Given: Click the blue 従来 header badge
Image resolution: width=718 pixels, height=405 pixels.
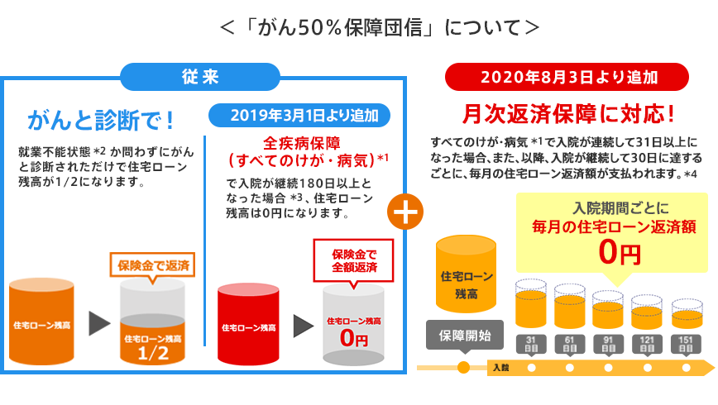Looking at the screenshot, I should [199, 78].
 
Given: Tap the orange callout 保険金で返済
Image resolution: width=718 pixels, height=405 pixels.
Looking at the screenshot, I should [153, 266].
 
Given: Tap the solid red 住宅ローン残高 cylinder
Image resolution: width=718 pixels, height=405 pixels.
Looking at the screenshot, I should [248, 324].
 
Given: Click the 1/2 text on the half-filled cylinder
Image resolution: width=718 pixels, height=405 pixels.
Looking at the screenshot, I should [153, 353].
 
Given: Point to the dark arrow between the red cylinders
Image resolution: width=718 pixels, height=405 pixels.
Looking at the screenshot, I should [303, 324].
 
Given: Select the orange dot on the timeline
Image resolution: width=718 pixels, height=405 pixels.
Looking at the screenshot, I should [463, 367].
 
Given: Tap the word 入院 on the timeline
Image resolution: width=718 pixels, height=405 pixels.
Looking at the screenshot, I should [500, 367].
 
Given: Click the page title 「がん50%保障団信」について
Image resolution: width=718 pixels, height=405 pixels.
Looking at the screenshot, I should [380, 26].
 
